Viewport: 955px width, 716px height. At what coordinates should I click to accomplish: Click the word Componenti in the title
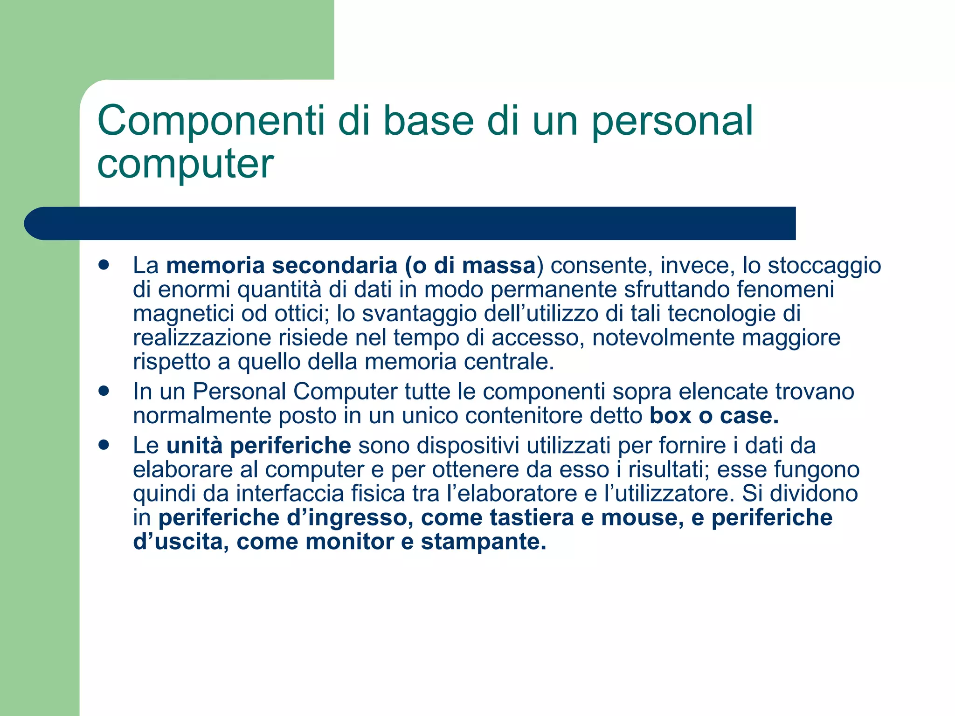[x=210, y=121]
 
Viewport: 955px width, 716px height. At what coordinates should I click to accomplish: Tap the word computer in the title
[x=185, y=164]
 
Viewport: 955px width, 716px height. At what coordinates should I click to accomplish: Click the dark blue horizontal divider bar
[x=410, y=223]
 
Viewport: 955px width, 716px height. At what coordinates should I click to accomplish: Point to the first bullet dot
[x=104, y=265]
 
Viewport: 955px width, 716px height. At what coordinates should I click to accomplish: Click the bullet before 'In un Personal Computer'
[x=104, y=391]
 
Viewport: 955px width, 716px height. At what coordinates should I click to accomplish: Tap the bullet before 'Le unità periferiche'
[x=104, y=445]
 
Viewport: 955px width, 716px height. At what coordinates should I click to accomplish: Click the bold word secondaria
[x=334, y=266]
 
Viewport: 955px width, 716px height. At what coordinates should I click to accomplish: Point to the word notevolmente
[x=663, y=337]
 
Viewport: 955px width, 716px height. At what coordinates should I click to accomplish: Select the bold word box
[x=670, y=416]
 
